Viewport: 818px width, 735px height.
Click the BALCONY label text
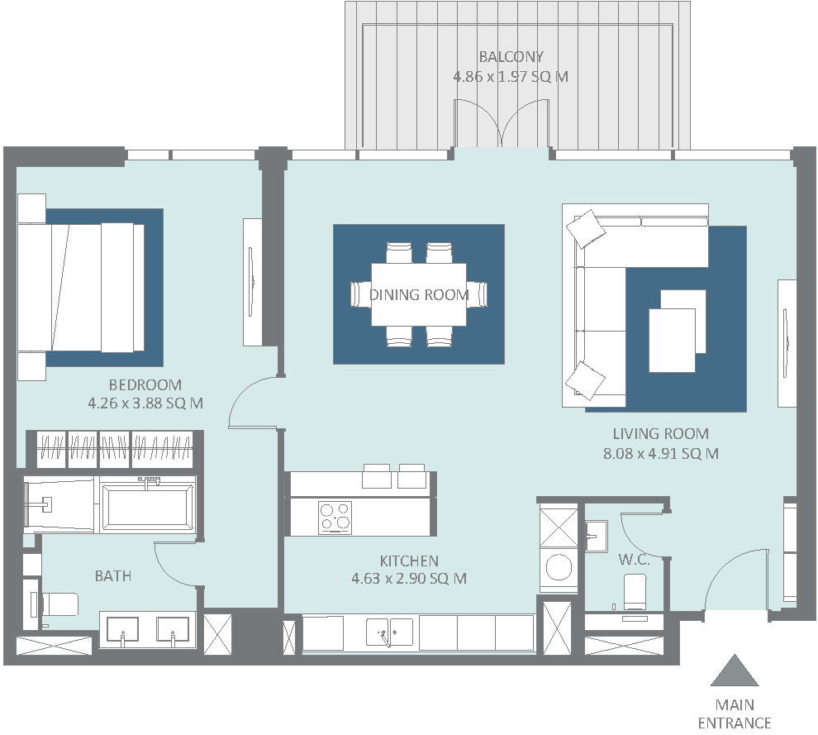(x=511, y=56)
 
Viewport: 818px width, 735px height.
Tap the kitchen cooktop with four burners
(x=335, y=518)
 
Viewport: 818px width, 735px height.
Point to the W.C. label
(x=634, y=560)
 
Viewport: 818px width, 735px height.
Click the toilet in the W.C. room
(x=635, y=591)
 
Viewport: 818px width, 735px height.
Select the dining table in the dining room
(x=419, y=294)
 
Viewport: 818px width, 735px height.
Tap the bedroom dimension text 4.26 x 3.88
(x=145, y=403)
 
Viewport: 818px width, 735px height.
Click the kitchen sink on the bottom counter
(x=389, y=632)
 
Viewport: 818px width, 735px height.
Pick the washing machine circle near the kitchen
(x=559, y=567)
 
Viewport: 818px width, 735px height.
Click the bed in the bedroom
(x=81, y=288)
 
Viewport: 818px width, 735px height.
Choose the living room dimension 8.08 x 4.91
(x=661, y=454)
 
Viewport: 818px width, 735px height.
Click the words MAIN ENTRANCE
(x=735, y=714)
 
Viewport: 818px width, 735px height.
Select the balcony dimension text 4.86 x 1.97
(x=511, y=77)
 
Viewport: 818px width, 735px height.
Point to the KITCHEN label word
(x=409, y=561)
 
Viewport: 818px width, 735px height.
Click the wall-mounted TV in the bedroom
(x=253, y=282)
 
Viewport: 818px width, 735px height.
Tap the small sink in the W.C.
(x=597, y=536)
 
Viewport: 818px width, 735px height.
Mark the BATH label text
(x=113, y=575)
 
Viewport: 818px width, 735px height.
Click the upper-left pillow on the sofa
(x=586, y=228)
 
